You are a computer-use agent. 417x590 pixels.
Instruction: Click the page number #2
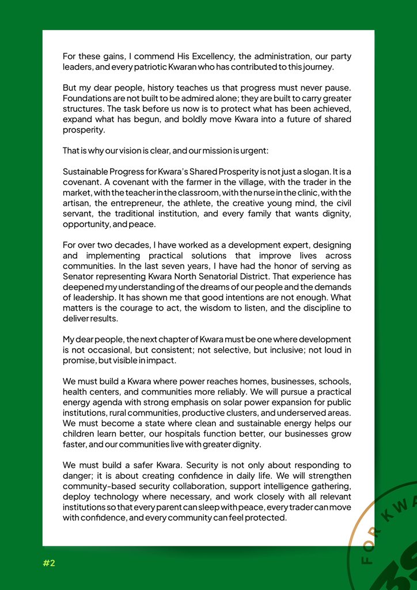click(x=48, y=563)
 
